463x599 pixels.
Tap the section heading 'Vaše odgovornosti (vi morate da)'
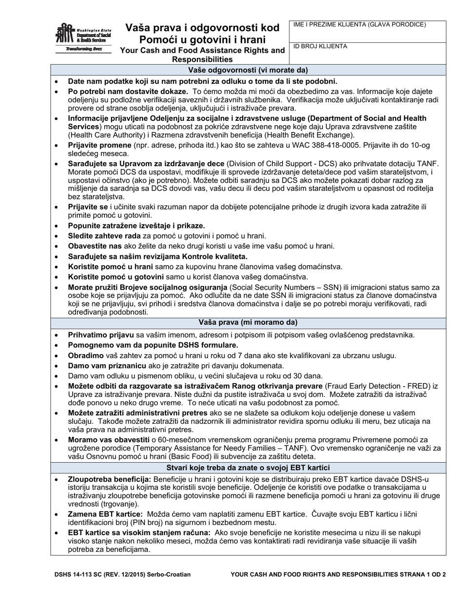pos(248,70)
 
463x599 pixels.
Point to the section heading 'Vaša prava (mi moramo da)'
pos(248,322)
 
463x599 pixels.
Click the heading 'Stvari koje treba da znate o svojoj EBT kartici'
pos(248,468)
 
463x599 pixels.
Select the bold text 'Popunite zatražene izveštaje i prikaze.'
pos(136,225)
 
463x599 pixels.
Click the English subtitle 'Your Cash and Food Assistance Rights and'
pos(202,50)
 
